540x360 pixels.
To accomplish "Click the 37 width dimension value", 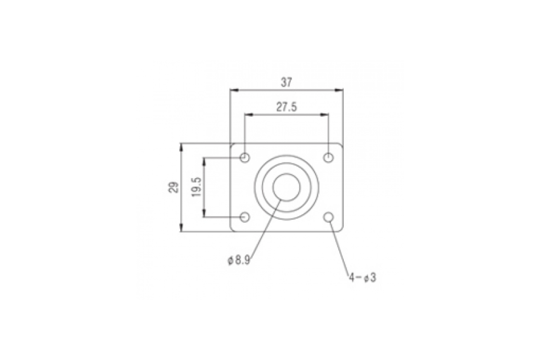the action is pyautogui.click(x=286, y=82).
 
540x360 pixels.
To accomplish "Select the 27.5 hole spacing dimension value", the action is pyautogui.click(x=286, y=107).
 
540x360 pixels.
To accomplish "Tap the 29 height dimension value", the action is pyautogui.click(x=174, y=187).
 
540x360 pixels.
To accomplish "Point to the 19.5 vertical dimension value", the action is pyautogui.click(x=196, y=187).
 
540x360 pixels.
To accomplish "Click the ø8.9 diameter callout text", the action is pyautogui.click(x=239, y=261).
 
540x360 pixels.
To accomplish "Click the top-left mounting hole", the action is pyautogui.click(x=245, y=158).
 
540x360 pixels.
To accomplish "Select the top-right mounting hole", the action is pyautogui.click(x=328, y=158).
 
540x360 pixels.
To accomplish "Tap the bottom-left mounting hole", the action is pyautogui.click(x=245, y=217).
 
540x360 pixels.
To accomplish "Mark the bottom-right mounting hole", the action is pyautogui.click(x=328, y=217).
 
